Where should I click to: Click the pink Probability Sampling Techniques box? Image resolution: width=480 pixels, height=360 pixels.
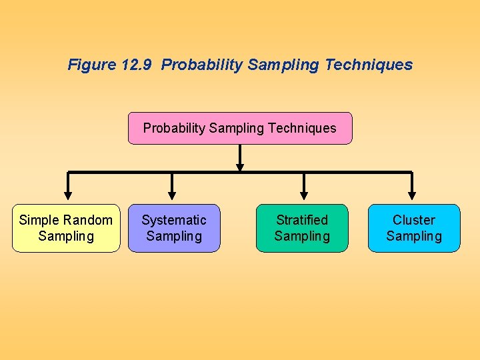point(240,128)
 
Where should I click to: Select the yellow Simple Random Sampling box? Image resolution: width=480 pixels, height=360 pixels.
point(66,228)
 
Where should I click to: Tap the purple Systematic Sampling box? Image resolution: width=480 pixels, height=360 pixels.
point(174,228)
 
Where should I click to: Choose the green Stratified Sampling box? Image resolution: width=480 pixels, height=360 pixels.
point(302,228)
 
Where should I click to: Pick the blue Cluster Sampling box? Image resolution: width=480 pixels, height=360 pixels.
point(414,228)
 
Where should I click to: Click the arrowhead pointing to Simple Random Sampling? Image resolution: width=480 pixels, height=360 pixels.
point(67,195)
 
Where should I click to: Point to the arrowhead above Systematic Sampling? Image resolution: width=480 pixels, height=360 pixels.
point(172,195)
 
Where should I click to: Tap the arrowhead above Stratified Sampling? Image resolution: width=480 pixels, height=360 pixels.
point(304,195)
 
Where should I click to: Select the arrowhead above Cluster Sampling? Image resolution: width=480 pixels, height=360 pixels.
point(412,195)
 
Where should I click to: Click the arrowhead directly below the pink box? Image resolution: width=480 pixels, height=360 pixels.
point(240,167)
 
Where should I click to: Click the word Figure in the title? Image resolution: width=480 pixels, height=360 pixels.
point(92,65)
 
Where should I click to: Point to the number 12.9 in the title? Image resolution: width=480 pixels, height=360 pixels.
point(138,65)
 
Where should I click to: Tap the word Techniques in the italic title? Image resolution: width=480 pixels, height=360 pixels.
point(370,65)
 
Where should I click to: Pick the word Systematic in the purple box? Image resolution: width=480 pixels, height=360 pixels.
point(174,220)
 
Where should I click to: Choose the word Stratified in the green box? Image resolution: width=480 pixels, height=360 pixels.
point(302,220)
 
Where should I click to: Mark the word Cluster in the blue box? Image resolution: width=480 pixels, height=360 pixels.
point(414,220)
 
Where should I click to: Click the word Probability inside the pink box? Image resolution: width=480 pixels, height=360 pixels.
point(174,128)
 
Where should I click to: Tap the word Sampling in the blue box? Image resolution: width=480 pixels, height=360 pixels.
point(414,236)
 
